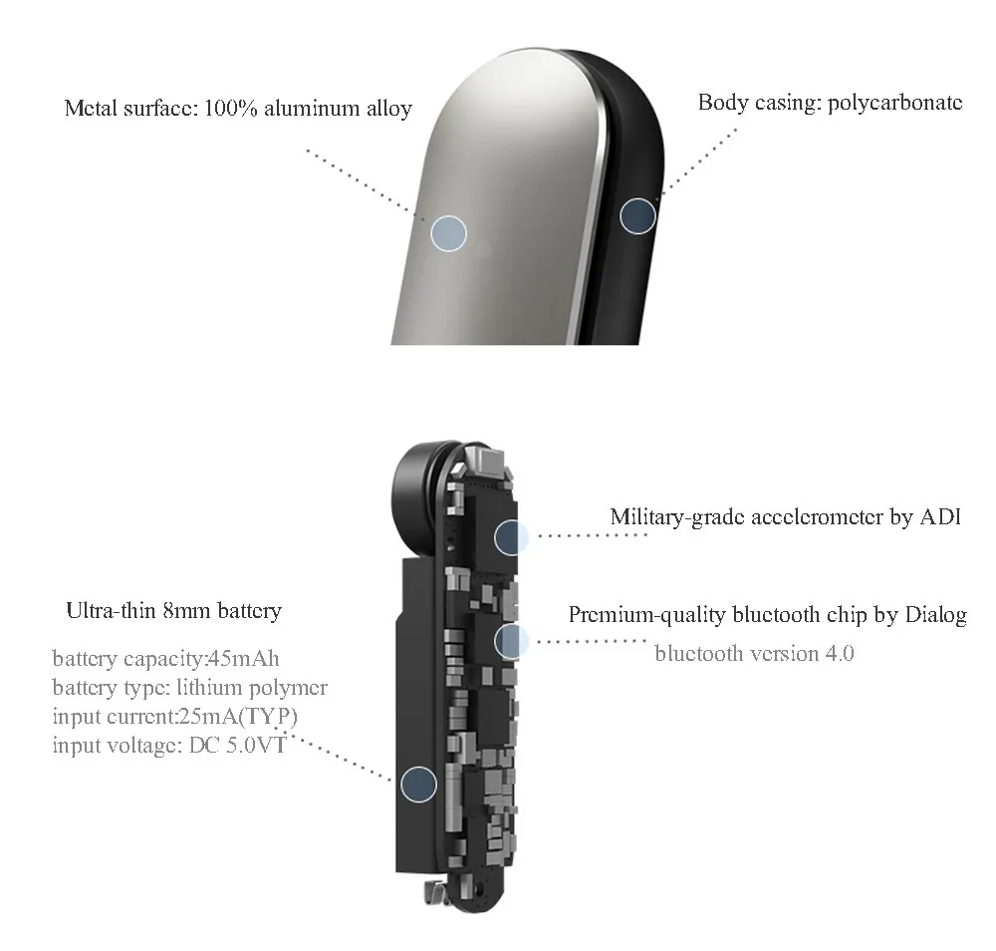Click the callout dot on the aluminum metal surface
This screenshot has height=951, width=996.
coord(449,232)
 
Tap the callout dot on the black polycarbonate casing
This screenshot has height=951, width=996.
coord(638,215)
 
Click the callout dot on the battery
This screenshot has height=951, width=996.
coord(418,784)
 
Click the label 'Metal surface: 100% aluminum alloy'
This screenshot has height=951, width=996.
coord(238,108)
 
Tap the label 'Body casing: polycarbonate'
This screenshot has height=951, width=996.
coord(830,102)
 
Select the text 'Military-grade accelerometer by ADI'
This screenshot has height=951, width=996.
coord(785,517)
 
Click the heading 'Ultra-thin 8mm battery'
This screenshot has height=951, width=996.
coord(173,610)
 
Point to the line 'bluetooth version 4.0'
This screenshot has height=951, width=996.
coord(754,654)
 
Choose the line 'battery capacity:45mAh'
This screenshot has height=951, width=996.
coord(157,659)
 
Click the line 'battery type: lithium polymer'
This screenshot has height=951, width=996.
coord(189,688)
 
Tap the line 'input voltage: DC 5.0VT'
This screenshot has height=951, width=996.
coord(168,746)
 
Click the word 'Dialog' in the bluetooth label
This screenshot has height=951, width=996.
coord(935,614)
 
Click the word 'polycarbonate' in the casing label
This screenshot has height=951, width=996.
coord(895,102)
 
